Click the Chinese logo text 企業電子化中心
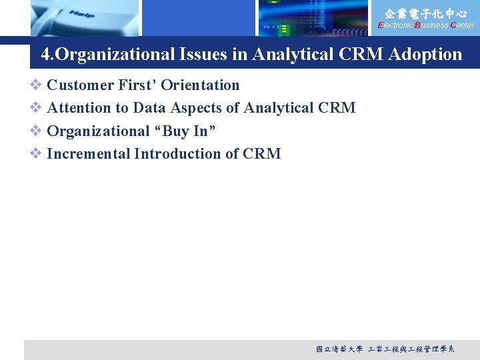coord(426,13)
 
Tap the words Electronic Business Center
coord(426,25)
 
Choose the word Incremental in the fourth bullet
coord(89,154)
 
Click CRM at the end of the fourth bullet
coord(262,154)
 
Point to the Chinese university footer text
coord(385,349)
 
